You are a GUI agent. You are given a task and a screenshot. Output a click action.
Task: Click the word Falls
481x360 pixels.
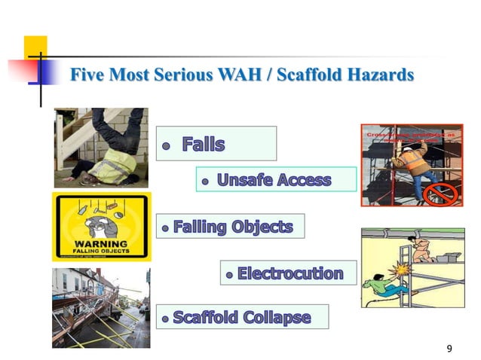coord(204,144)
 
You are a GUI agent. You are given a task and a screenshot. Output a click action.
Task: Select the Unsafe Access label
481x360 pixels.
coord(274,180)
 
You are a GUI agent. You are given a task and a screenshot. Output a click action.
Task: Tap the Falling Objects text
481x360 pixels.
coord(232,226)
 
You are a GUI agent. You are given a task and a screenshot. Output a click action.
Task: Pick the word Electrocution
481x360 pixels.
coord(290,273)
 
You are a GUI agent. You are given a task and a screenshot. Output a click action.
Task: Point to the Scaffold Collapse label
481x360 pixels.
coord(241,317)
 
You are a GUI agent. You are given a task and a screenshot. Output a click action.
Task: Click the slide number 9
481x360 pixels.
coord(449,348)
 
